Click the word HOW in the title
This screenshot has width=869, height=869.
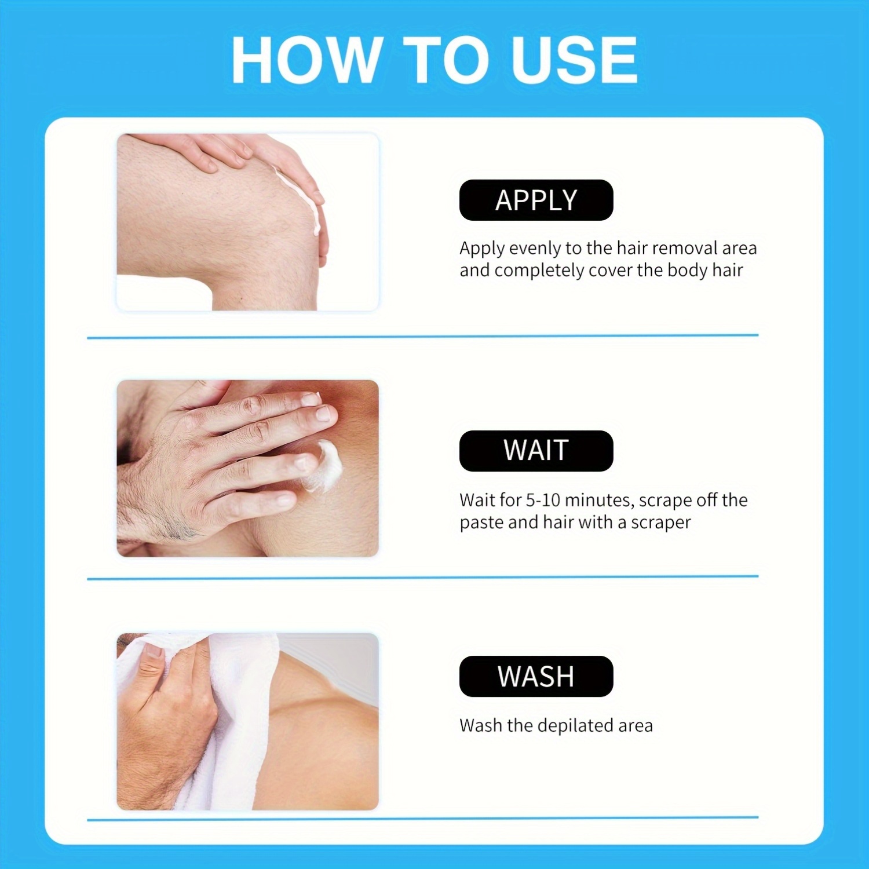(x=306, y=60)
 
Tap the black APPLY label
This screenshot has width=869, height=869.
(x=536, y=200)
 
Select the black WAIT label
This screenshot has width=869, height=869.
(x=536, y=451)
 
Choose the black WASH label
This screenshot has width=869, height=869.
(x=536, y=676)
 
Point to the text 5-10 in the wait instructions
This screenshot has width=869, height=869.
(x=543, y=500)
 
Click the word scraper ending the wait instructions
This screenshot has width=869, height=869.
(x=660, y=523)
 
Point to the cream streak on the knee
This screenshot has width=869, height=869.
(x=301, y=200)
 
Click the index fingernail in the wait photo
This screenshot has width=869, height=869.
(x=323, y=413)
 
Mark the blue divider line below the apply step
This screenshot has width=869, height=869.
(x=423, y=336)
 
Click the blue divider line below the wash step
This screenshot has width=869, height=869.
(x=423, y=818)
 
